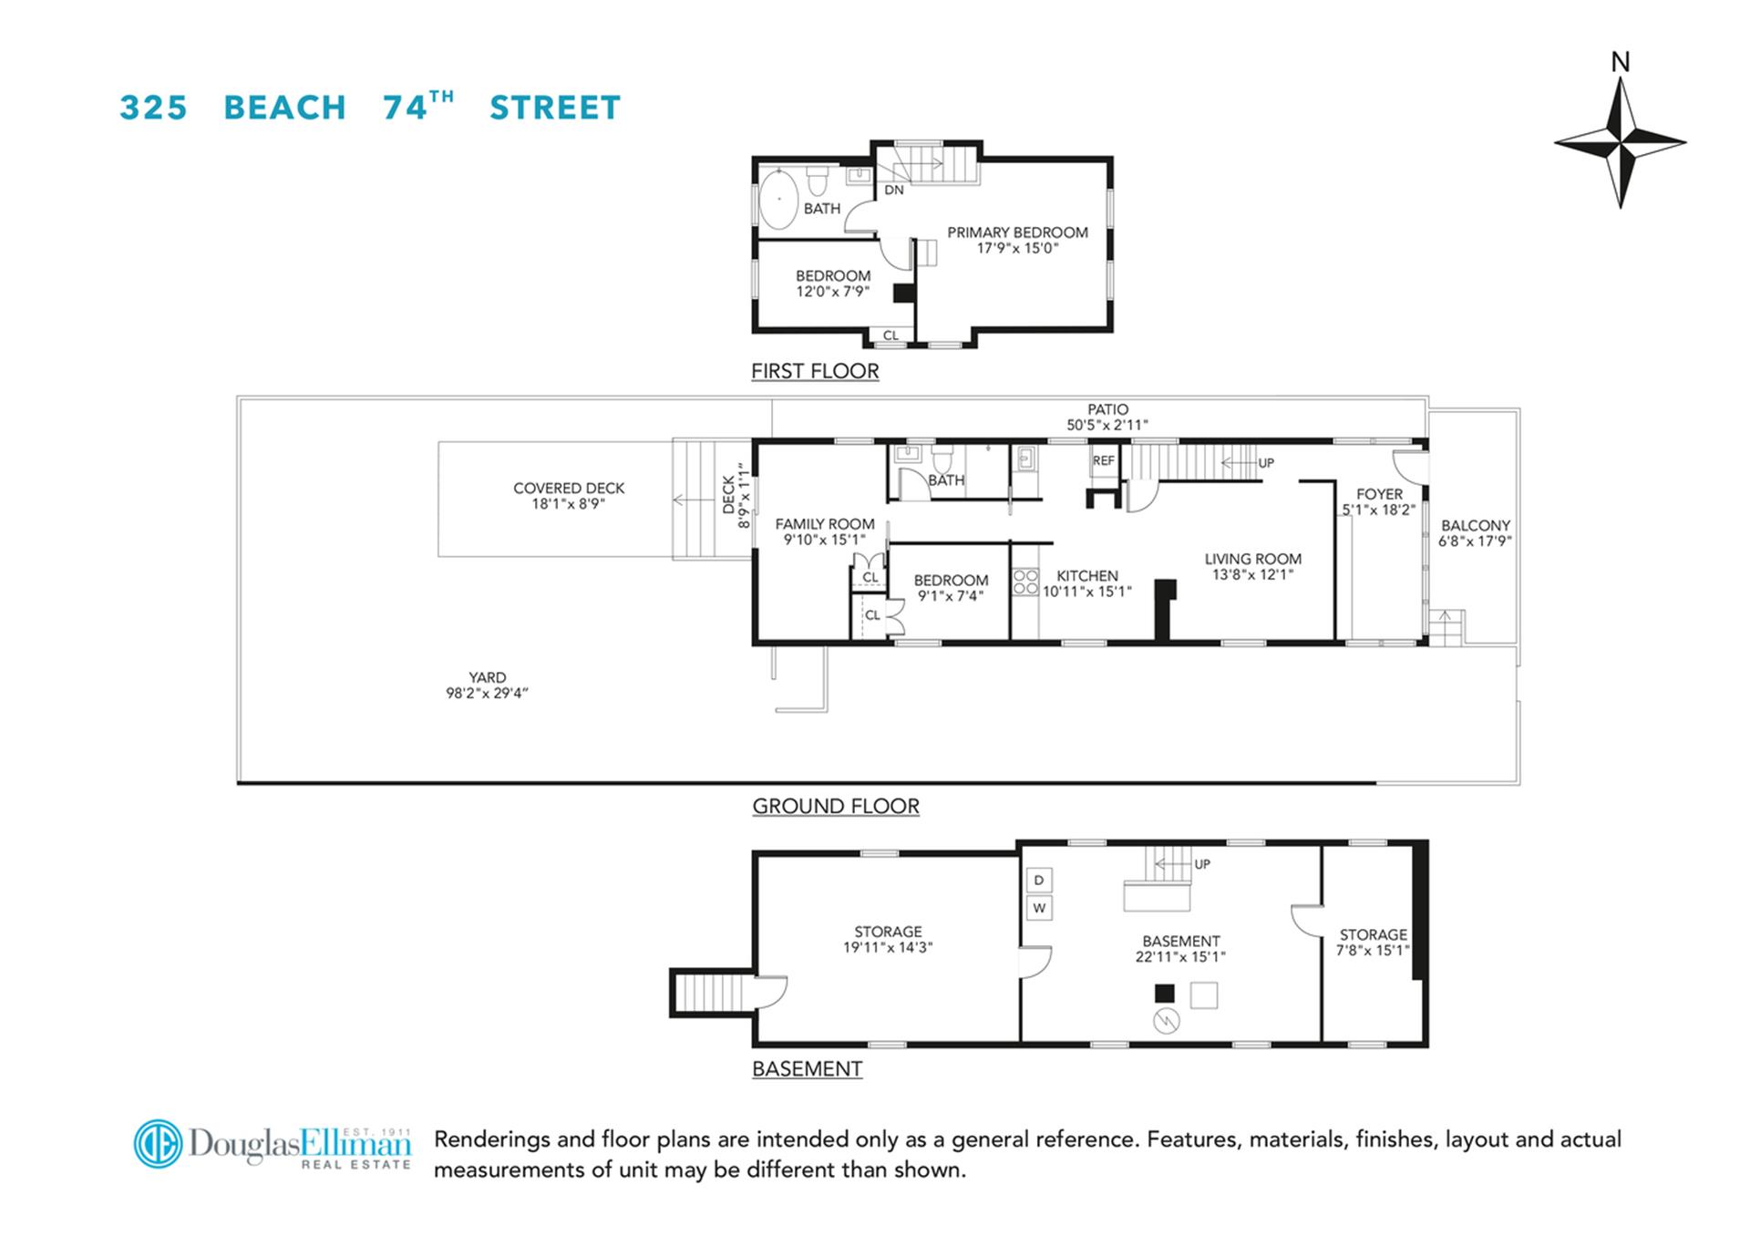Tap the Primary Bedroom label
(x=1017, y=232)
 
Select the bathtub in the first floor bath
(x=779, y=199)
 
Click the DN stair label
(x=894, y=190)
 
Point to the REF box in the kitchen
(x=1103, y=460)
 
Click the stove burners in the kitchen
(x=1025, y=582)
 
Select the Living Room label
(x=1252, y=559)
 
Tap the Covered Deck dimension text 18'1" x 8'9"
(x=568, y=503)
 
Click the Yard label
(x=487, y=677)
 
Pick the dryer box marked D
(x=1039, y=880)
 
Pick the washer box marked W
(x=1039, y=908)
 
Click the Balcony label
(x=1475, y=525)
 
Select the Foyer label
(x=1379, y=494)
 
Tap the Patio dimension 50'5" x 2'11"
(x=1107, y=425)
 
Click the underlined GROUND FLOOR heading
(x=835, y=806)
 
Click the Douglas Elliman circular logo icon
(x=158, y=1143)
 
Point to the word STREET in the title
(x=554, y=108)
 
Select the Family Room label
(x=824, y=524)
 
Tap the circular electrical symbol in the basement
(x=1166, y=1021)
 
